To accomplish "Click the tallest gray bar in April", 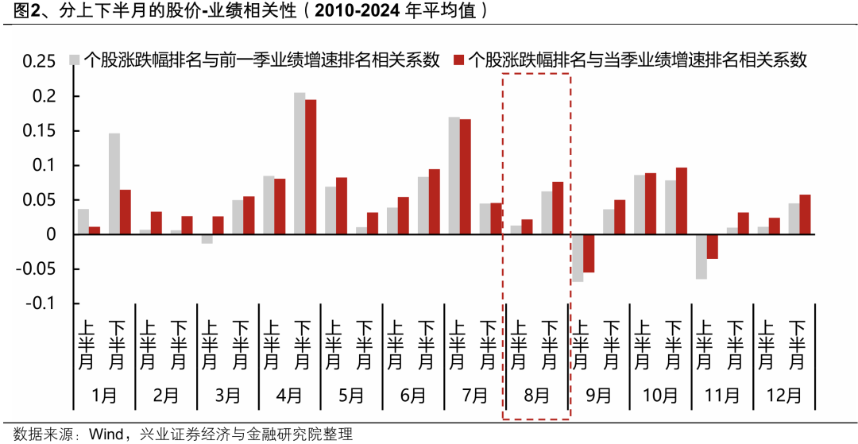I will click(300, 164).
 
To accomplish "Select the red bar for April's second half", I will click(311, 167).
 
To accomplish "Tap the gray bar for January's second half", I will click(114, 183).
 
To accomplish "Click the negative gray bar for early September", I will click(578, 258).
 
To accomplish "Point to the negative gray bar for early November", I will click(701, 257).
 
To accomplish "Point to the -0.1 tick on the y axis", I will click(42, 303).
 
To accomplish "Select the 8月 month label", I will click(536, 395).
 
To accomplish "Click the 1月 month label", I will click(104, 395).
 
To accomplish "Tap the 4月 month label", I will click(289, 395).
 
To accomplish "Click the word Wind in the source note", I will click(105, 434).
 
